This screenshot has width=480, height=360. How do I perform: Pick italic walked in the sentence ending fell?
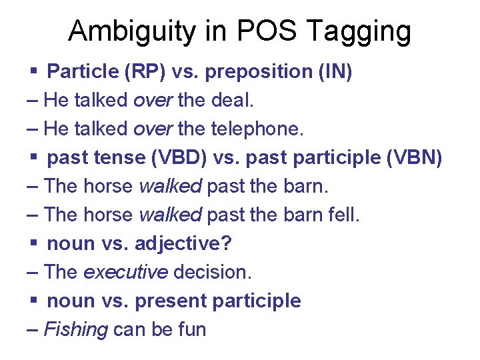[x=170, y=215]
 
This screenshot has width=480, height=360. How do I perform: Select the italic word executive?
[x=126, y=272]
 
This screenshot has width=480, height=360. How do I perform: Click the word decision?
[x=213, y=272]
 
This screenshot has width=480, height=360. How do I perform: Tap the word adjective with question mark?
[x=183, y=243]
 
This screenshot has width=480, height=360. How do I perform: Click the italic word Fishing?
[x=75, y=329]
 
